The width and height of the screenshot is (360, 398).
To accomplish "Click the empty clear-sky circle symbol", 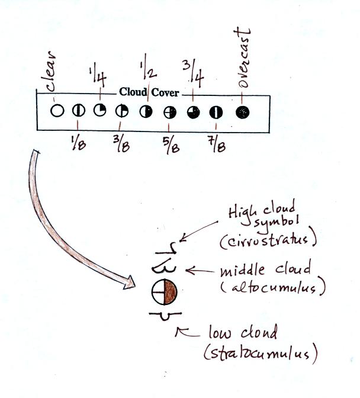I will click(57, 110).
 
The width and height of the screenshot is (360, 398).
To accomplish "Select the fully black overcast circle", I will click(242, 111).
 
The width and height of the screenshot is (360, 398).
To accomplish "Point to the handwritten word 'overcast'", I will click(245, 59).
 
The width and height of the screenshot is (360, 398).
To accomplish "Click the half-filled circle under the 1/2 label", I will click(145, 111).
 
